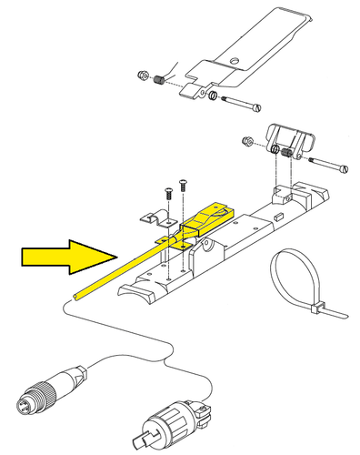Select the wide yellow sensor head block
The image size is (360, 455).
[x=207, y=219]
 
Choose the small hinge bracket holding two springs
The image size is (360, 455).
[x=290, y=141]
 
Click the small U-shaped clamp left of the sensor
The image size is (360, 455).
[x=152, y=219]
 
